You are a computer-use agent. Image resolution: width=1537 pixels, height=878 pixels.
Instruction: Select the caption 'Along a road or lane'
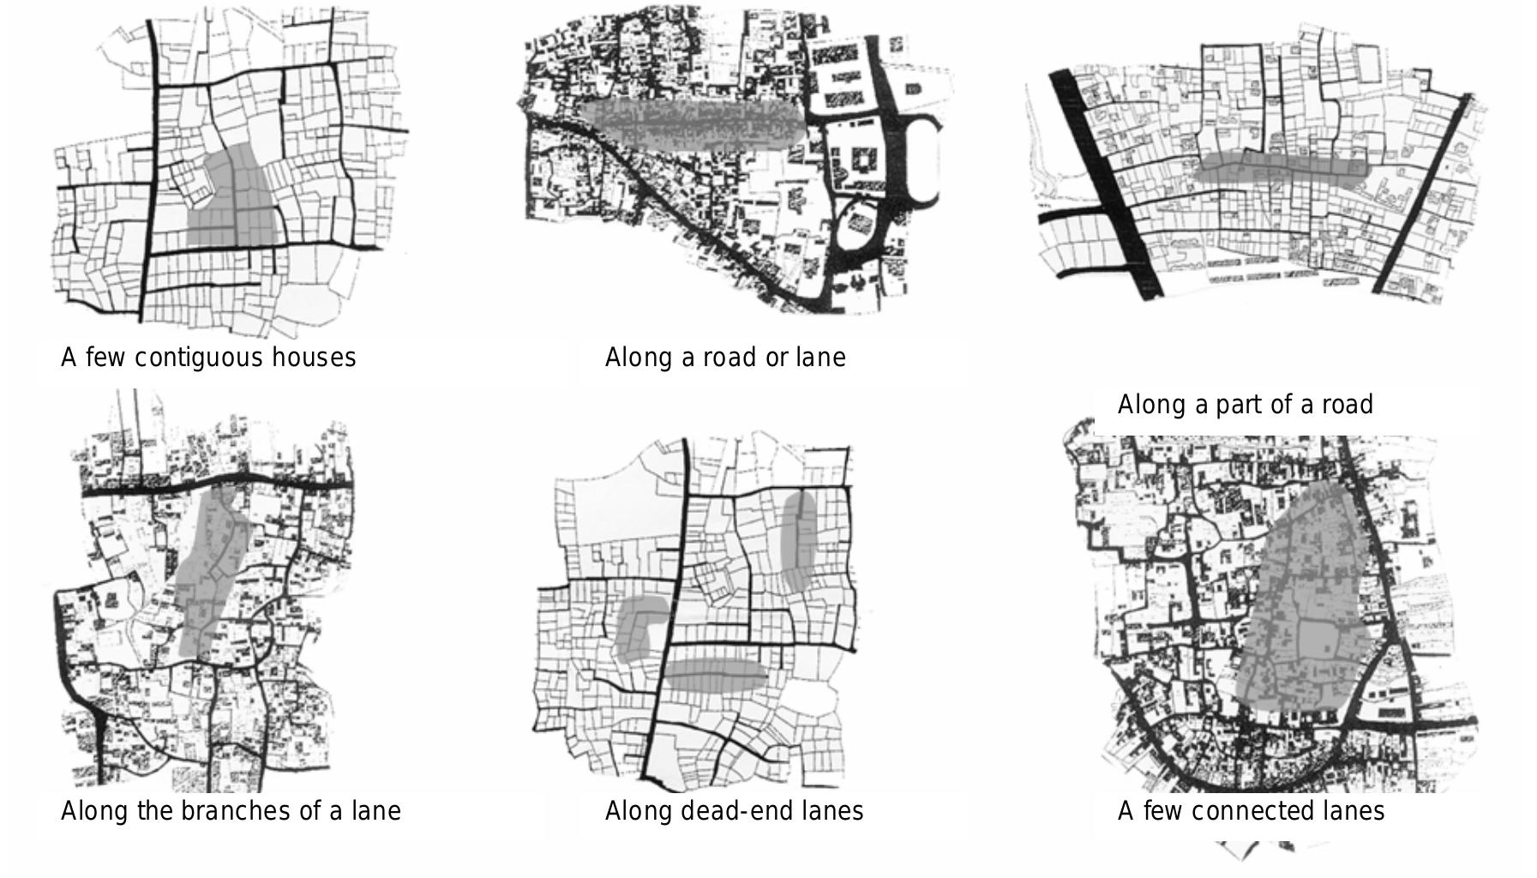coord(725,358)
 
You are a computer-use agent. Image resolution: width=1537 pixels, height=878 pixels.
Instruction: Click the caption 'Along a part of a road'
coord(1245,405)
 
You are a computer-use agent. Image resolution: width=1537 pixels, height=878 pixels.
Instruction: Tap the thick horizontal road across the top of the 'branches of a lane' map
coord(214,482)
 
